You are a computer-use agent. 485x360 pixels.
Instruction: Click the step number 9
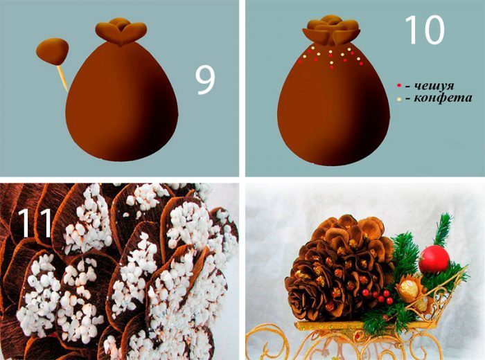(x=205, y=81)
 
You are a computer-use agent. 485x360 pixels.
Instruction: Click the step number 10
(x=424, y=30)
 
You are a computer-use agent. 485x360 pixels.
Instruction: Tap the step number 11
(x=35, y=222)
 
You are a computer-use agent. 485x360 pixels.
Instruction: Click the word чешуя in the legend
(x=434, y=86)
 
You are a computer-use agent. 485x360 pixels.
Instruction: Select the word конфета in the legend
(x=443, y=98)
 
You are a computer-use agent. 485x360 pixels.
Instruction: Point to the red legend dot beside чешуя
(x=399, y=85)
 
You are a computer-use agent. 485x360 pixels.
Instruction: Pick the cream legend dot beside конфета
(x=399, y=99)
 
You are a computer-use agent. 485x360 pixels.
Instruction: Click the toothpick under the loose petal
(x=62, y=78)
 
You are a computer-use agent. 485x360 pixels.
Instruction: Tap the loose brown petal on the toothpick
(x=52, y=51)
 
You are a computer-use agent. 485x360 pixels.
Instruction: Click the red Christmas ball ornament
(x=434, y=259)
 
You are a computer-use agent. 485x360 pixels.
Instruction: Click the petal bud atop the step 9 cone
(x=121, y=31)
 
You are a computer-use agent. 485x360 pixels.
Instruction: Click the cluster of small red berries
(x=378, y=296)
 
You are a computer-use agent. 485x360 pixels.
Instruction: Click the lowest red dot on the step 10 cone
(x=332, y=67)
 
